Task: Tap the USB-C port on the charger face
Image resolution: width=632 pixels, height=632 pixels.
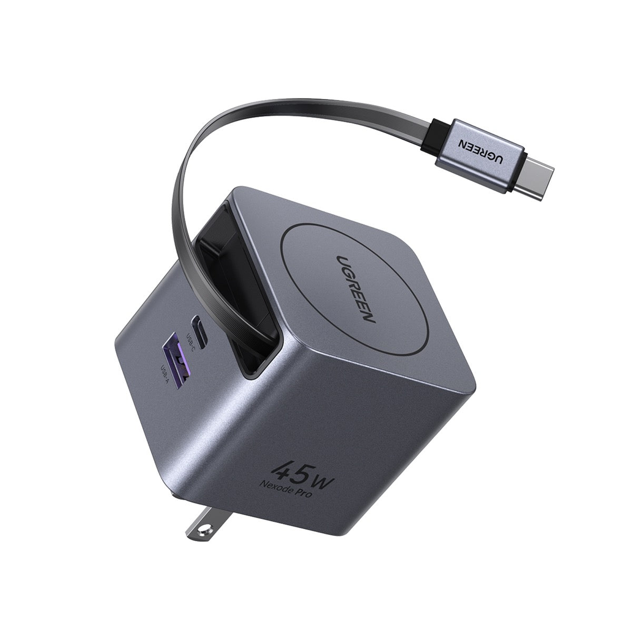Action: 196,323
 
